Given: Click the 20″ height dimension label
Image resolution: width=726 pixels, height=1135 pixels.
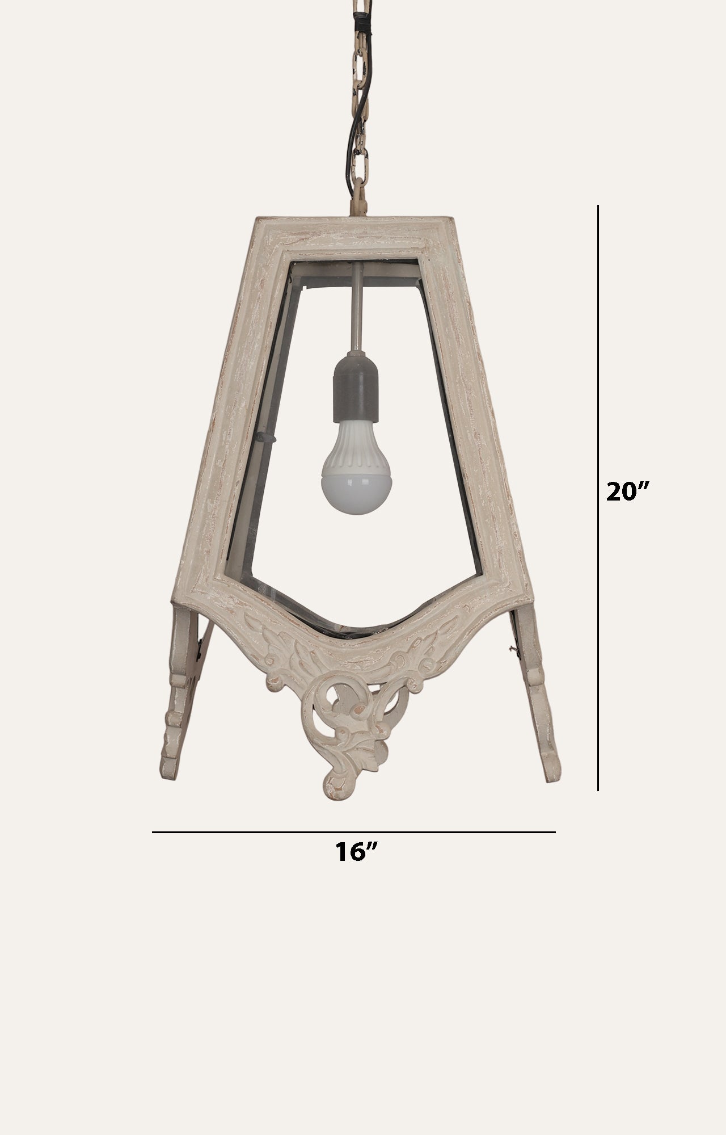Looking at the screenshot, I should (626, 491).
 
